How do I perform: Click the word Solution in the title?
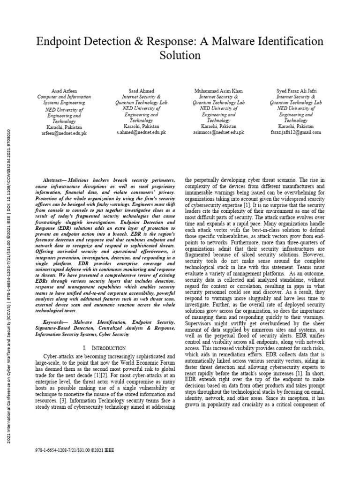180,55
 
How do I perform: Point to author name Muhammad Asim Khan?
218,90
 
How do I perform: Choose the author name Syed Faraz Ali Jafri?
296,90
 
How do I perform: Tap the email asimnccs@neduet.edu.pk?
218,133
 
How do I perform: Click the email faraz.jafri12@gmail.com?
296,133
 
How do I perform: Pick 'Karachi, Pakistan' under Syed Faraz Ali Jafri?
296,127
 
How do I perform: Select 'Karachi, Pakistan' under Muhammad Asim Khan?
218,127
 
